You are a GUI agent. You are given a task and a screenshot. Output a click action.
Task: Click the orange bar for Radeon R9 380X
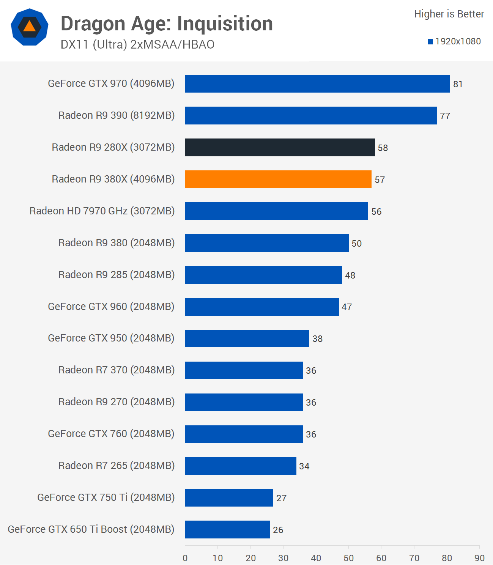(278, 179)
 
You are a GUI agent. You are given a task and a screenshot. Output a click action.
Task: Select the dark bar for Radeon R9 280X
(280, 147)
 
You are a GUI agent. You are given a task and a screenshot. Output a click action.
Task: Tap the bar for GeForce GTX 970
(317, 84)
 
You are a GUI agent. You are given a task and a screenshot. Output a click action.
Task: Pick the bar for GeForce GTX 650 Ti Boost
(227, 529)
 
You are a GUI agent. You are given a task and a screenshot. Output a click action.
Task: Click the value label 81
(458, 84)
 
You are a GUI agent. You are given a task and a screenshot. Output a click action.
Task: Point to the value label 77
(445, 116)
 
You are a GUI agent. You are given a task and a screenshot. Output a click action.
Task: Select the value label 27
(281, 498)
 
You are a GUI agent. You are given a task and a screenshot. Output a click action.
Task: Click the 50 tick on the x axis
(349, 558)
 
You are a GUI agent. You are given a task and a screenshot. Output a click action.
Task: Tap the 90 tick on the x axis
(479, 558)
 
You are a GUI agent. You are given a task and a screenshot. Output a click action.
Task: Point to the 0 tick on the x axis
(185, 558)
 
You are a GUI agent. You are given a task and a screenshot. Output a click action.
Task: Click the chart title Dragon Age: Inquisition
(167, 24)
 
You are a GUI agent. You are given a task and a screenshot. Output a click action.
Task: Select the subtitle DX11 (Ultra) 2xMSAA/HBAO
(137, 45)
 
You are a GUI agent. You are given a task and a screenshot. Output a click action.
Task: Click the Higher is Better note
(449, 14)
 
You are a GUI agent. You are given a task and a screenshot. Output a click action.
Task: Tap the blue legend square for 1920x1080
(430, 42)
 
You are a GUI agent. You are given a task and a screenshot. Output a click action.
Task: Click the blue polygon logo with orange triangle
(30, 27)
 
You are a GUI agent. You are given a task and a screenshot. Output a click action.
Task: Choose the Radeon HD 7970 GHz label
(102, 211)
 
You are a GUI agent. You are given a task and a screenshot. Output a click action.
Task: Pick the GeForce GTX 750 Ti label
(106, 497)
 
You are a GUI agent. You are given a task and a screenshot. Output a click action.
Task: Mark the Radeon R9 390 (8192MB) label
(117, 115)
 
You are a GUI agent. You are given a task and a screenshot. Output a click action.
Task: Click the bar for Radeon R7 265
(241, 466)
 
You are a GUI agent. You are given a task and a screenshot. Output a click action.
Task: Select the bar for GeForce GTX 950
(247, 338)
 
